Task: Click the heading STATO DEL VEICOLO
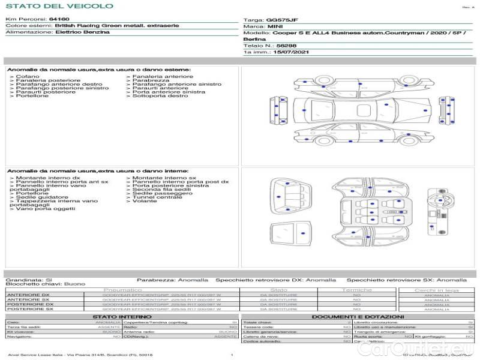tap(59, 6)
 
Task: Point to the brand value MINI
tap(275, 27)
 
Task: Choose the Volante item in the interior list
tap(144, 201)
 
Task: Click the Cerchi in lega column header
tap(436, 290)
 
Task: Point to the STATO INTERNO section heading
tap(118, 317)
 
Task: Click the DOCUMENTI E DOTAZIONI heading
tap(358, 317)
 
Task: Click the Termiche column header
tap(356, 290)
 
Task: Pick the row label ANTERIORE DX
tap(28, 295)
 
